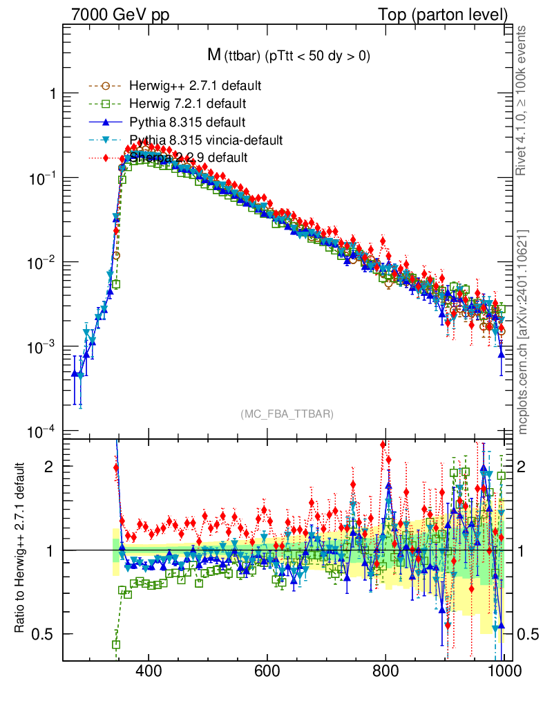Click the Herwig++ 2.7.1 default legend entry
(x=194, y=86)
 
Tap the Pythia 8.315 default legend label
(x=187, y=122)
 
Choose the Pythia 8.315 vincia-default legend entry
(x=206, y=140)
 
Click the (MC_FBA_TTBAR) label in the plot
(x=287, y=414)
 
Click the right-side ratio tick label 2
(x=526, y=466)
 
